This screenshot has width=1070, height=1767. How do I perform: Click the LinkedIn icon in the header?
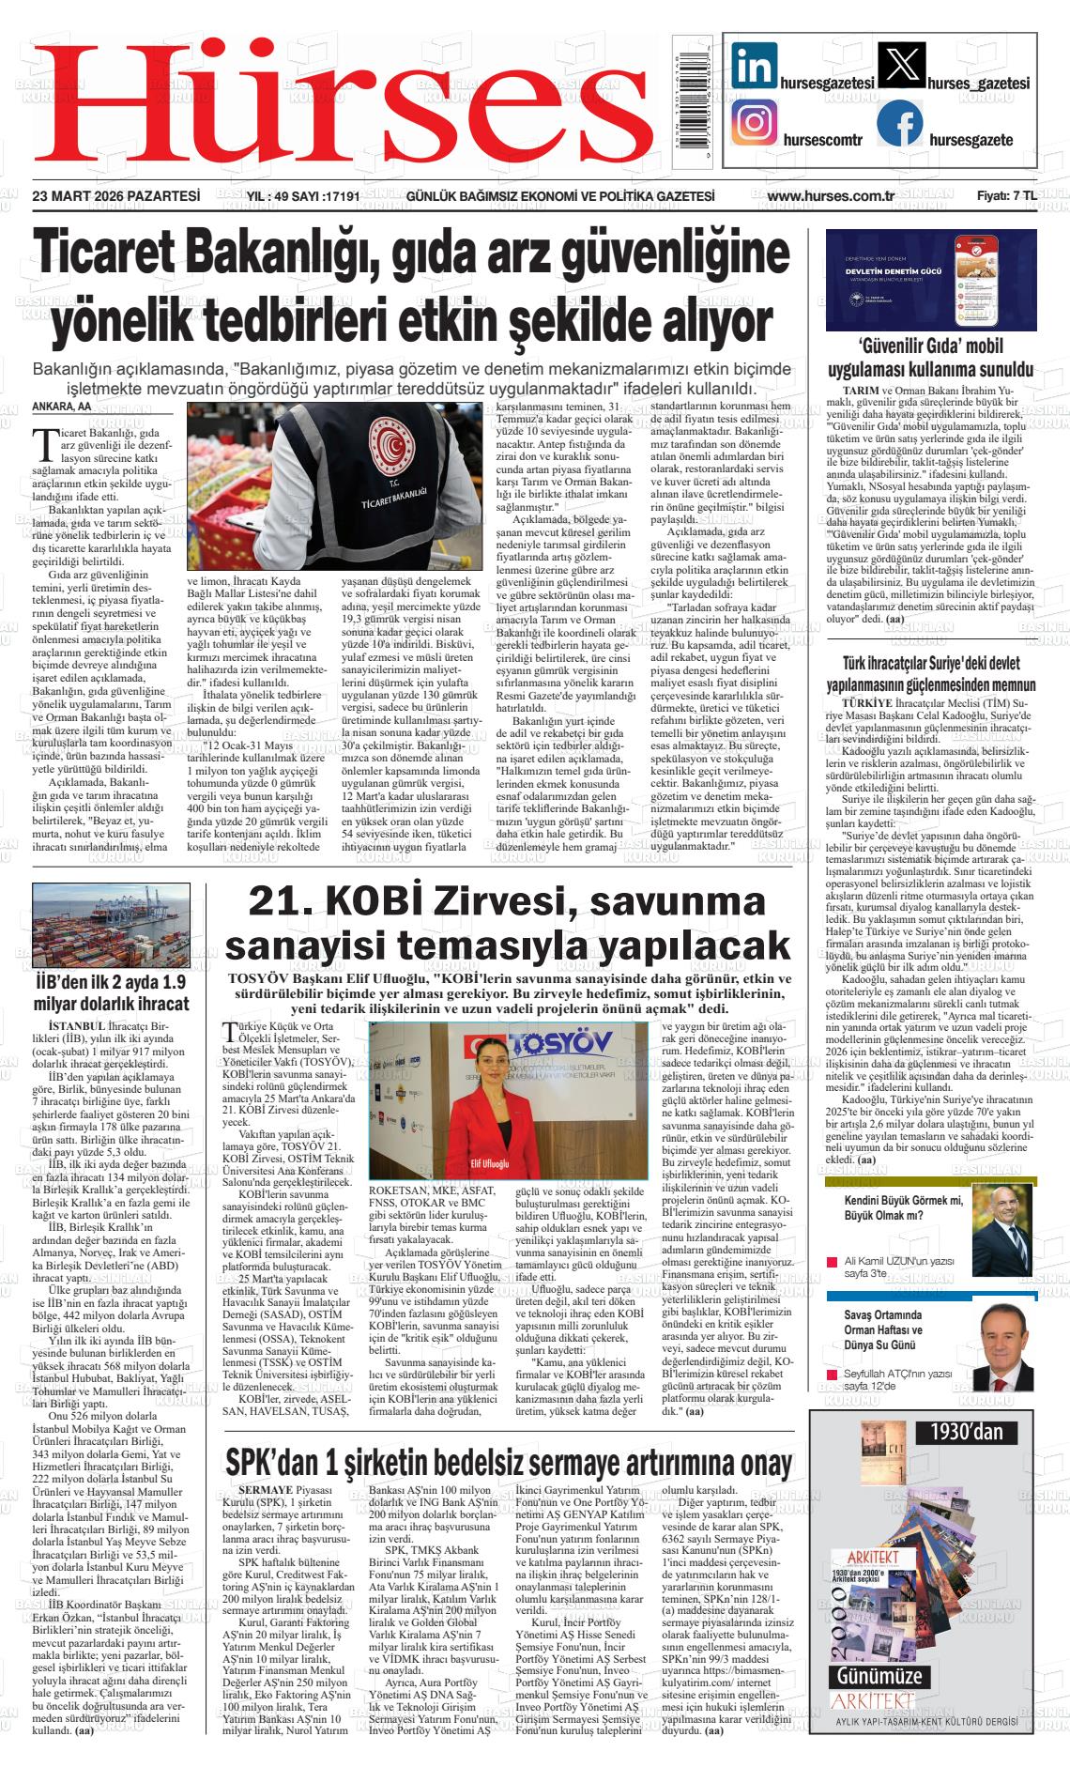pyautogui.click(x=755, y=67)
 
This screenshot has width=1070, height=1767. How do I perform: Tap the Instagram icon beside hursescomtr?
pyautogui.click(x=755, y=124)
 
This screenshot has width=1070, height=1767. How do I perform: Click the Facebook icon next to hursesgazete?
pyautogui.click(x=899, y=124)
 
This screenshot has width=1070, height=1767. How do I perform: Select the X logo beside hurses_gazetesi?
pyautogui.click(x=899, y=67)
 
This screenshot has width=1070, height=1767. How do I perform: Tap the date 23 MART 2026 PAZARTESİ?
pyautogui.click(x=116, y=196)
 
